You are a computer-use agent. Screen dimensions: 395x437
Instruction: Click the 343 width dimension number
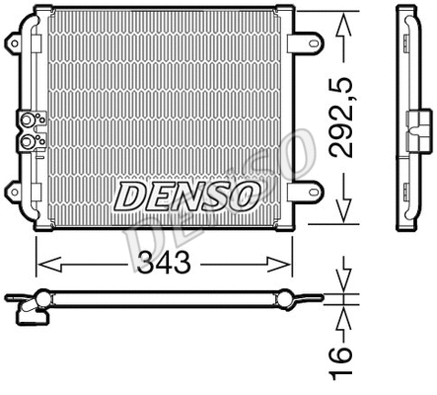pyautogui.click(x=164, y=264)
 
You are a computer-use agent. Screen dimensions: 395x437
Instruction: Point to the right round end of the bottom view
pyautogui.click(x=286, y=296)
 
